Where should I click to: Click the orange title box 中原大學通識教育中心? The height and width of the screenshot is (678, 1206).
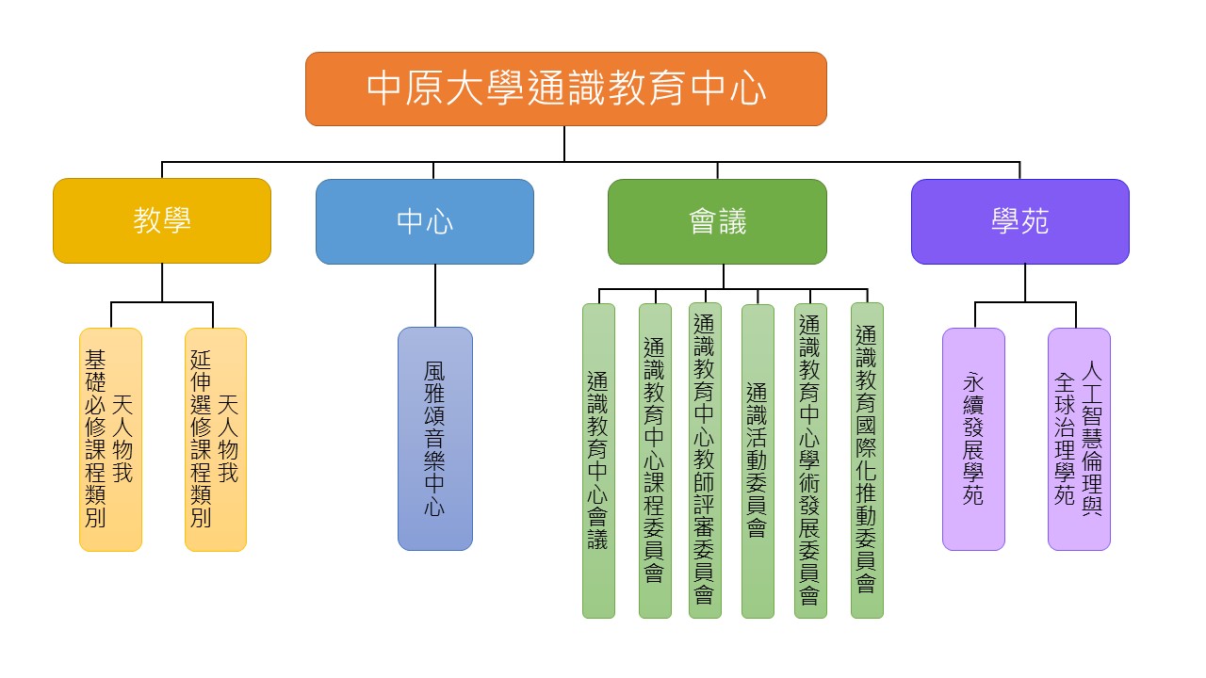pyautogui.click(x=565, y=89)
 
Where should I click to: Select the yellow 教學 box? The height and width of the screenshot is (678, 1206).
pyautogui.click(x=162, y=221)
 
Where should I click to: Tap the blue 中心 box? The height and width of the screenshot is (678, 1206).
pyautogui.click(x=424, y=221)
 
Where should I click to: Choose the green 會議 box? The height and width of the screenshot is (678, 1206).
pyautogui.click(x=717, y=221)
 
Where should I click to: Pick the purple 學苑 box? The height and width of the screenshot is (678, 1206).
pyautogui.click(x=1019, y=221)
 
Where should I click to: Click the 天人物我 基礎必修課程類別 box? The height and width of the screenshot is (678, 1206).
pyautogui.click(x=110, y=439)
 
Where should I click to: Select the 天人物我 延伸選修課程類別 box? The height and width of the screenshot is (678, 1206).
pyautogui.click(x=215, y=439)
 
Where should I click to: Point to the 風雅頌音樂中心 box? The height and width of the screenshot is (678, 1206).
pyautogui.click(x=434, y=439)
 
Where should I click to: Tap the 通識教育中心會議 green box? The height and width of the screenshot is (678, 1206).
pyautogui.click(x=598, y=460)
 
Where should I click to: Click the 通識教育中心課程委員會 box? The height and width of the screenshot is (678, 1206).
pyautogui.click(x=655, y=460)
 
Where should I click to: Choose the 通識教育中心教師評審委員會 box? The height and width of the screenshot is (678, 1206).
pyautogui.click(x=705, y=460)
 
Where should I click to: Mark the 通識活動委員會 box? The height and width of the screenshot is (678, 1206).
pyautogui.click(x=758, y=460)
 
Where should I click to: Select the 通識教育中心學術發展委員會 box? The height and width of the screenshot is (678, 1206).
pyautogui.click(x=810, y=460)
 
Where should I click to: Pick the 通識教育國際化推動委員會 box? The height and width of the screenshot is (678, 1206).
pyautogui.click(x=867, y=460)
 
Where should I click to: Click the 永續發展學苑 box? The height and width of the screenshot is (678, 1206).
pyautogui.click(x=973, y=439)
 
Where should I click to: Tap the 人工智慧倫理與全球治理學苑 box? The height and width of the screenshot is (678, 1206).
pyautogui.click(x=1079, y=439)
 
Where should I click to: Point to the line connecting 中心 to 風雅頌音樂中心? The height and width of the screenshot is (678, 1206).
pyautogui.click(x=434, y=296)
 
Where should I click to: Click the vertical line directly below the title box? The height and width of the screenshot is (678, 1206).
pyautogui.click(x=564, y=143)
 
